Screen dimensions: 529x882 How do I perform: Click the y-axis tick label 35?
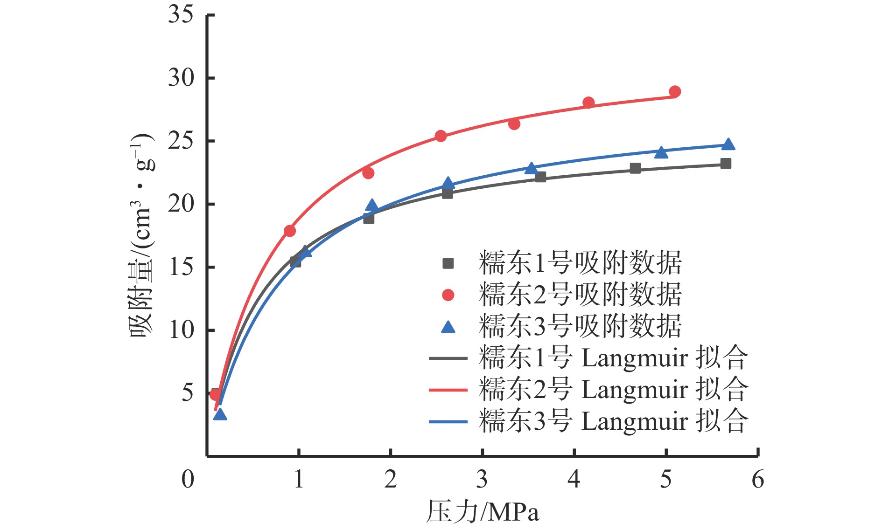[x=181, y=15]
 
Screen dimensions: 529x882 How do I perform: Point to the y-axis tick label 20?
[x=181, y=204]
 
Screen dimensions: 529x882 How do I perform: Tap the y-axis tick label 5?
[x=187, y=393]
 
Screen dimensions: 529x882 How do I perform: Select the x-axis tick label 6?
[x=758, y=479]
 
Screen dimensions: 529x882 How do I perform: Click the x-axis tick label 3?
[x=482, y=479]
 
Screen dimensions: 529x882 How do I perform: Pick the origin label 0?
[x=188, y=479]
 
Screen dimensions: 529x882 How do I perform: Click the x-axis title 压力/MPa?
[x=483, y=512]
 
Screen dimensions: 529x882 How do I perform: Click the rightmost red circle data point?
[x=674, y=91]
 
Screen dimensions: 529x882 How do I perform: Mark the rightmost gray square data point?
[x=726, y=164]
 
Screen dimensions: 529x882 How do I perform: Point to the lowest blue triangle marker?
[x=220, y=415]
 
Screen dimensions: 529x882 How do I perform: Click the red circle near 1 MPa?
[x=290, y=231]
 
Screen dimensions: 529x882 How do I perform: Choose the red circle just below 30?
[x=674, y=91]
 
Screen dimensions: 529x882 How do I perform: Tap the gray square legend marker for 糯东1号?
[x=448, y=264]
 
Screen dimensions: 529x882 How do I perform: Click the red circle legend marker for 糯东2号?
[x=448, y=295]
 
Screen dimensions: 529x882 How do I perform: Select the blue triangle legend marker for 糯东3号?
[x=448, y=327]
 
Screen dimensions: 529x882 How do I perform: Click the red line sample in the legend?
[x=448, y=390]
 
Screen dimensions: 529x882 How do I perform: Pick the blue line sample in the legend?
[x=448, y=421]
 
